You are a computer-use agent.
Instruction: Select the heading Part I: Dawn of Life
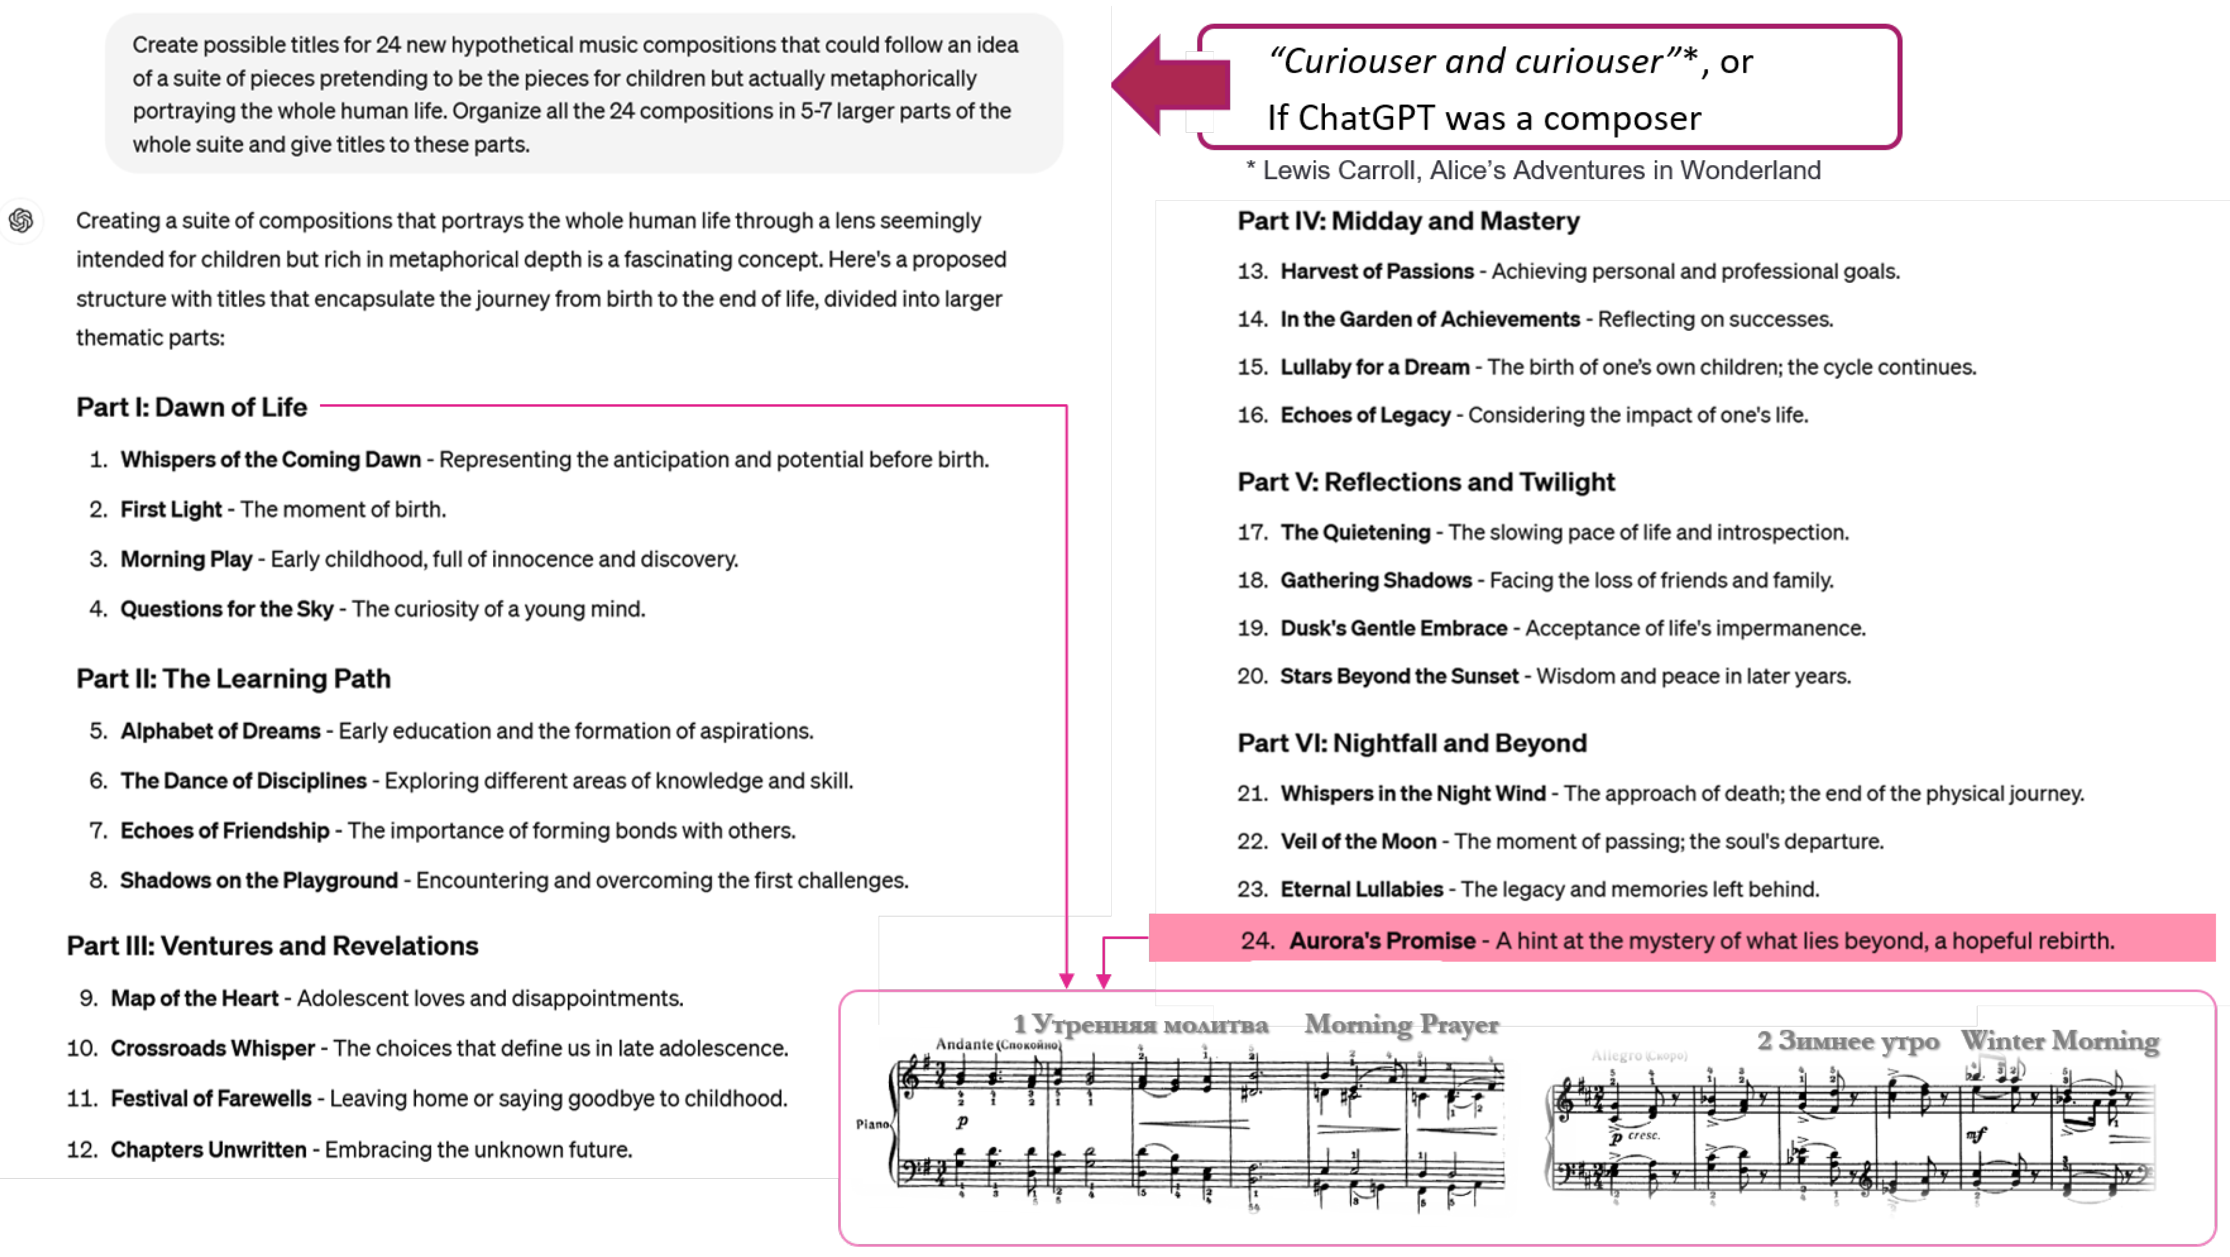(x=191, y=407)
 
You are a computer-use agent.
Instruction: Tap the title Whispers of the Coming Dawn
(x=270, y=460)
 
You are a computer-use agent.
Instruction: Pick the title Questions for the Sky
(x=226, y=609)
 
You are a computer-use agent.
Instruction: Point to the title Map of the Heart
(x=194, y=998)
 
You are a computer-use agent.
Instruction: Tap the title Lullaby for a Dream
(x=1375, y=367)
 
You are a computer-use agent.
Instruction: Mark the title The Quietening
(x=1355, y=532)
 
